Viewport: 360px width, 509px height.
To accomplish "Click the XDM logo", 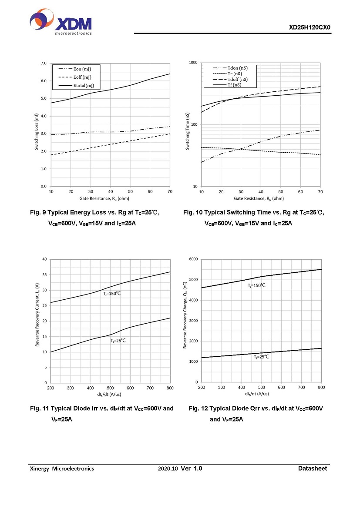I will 61,23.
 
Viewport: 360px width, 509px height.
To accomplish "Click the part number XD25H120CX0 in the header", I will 310,27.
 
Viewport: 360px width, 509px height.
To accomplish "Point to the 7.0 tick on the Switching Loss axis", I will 43,64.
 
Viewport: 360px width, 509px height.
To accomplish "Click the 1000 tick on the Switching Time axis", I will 193,63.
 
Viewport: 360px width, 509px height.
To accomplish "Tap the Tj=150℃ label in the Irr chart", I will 112,294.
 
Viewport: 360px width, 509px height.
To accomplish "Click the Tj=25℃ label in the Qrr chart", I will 262,356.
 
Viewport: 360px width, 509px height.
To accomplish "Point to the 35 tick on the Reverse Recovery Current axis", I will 44,275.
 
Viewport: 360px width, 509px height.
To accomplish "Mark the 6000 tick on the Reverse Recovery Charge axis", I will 193,259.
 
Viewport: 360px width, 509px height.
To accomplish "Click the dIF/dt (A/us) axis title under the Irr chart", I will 110,394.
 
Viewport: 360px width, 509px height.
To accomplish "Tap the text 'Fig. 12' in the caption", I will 198,409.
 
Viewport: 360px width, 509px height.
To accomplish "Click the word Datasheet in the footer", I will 312,469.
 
